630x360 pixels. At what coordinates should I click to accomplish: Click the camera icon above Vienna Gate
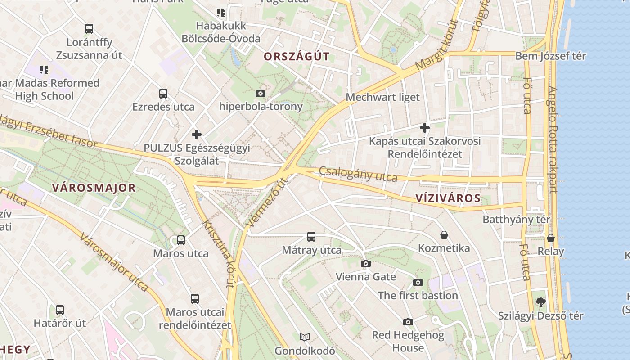point(366,263)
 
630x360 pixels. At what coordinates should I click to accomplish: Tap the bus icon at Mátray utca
point(311,236)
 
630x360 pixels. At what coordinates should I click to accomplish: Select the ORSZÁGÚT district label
point(297,57)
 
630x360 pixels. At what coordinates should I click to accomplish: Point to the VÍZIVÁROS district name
point(448,198)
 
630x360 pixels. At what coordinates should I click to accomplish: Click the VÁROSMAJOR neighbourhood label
point(94,188)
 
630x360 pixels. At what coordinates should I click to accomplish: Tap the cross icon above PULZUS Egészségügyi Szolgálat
point(196,134)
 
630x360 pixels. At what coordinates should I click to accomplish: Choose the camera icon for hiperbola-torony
point(260,94)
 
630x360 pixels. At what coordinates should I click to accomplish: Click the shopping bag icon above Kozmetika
point(444,234)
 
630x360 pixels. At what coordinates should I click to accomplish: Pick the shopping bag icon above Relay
point(550,238)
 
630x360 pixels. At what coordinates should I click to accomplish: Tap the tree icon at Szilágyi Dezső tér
point(540,302)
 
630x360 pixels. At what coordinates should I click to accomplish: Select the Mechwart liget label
point(382,97)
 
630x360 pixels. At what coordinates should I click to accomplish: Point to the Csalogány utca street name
point(358,174)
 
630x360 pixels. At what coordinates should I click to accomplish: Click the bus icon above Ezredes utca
point(163,94)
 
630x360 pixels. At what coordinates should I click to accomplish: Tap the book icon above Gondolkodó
point(305,337)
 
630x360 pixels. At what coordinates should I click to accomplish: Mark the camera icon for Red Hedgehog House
point(408,322)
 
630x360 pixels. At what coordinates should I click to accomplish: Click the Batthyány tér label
point(516,220)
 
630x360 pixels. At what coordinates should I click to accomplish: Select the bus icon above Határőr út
point(59,310)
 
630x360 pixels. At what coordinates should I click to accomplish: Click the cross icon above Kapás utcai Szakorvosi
point(424,128)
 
